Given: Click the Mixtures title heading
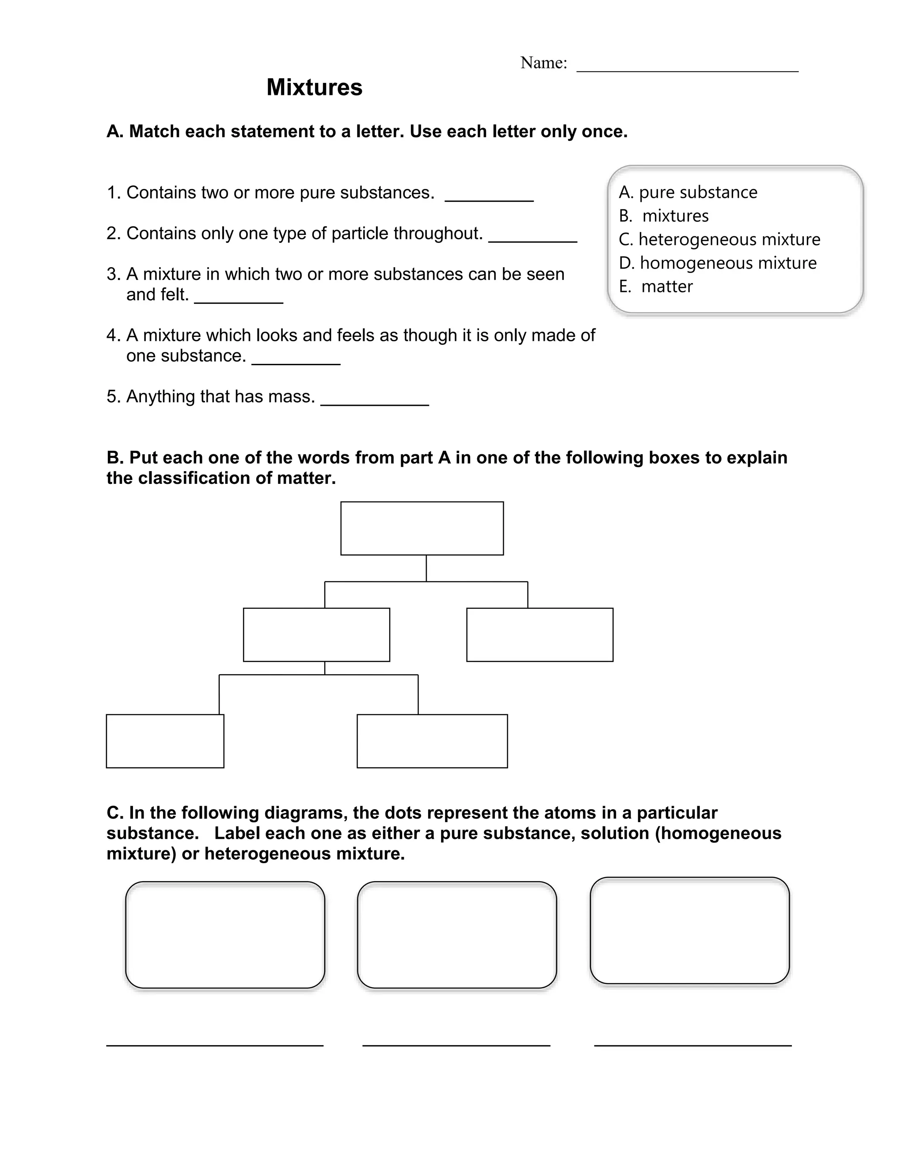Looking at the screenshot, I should [314, 87].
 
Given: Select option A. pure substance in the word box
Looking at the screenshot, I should [688, 192].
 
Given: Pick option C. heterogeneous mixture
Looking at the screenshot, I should [719, 239].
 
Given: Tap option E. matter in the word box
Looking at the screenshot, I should [656, 287].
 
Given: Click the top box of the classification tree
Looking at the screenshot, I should [422, 528].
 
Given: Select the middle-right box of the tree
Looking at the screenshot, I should [540, 635].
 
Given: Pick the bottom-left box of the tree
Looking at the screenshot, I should [165, 741].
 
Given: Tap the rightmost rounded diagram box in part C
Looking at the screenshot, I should [689, 931].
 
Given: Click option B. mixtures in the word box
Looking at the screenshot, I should [664, 216].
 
